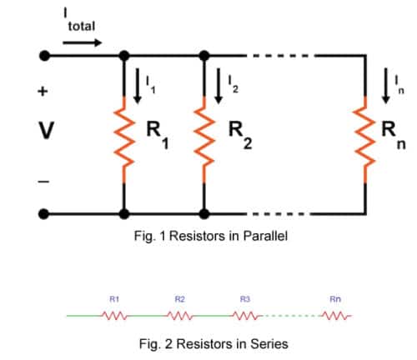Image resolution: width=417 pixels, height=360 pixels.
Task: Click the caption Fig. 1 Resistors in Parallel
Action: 210,237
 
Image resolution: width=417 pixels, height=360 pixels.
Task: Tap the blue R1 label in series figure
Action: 113,297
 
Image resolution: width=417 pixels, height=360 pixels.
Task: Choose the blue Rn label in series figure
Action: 335,297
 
